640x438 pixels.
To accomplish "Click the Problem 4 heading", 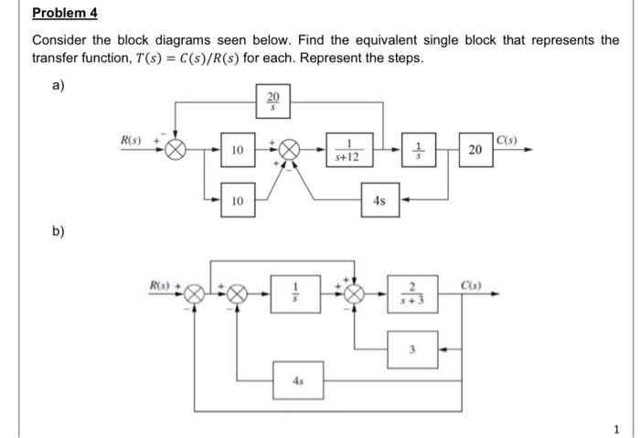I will tap(65, 14).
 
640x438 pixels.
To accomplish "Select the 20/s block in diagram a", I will tap(272, 101).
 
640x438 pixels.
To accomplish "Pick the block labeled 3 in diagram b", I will tap(413, 347).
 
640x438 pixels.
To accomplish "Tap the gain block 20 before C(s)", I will tap(475, 150).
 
